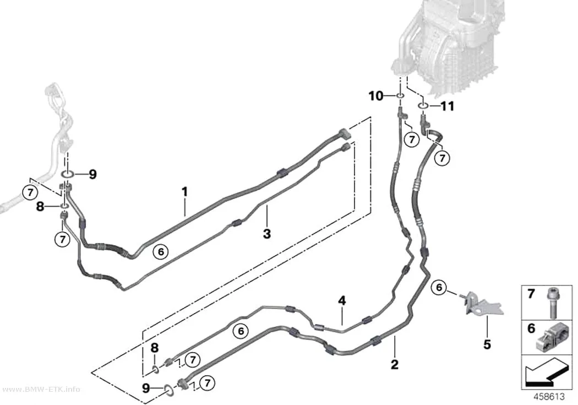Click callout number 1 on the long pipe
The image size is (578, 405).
pyautogui.click(x=184, y=192)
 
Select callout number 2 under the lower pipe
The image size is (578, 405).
pyautogui.click(x=395, y=364)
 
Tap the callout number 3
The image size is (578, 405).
pyautogui.click(x=267, y=234)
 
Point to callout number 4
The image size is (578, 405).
pyautogui.click(x=342, y=301)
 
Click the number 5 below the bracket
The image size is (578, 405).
pyautogui.click(x=487, y=344)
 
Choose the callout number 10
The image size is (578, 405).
pyautogui.click(x=376, y=96)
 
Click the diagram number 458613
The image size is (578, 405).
pyautogui.click(x=549, y=397)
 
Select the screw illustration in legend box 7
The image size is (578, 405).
pyautogui.click(x=552, y=303)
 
